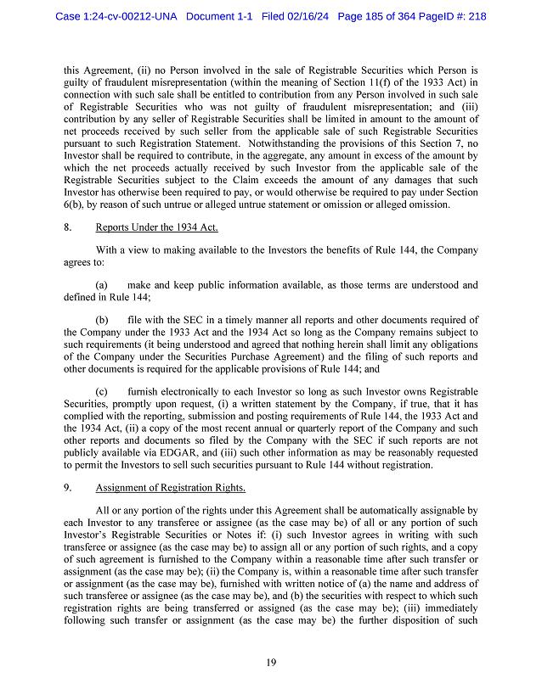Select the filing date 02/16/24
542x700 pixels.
click(312, 16)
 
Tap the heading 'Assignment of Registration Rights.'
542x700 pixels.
click(170, 488)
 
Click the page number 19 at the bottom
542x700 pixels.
click(270, 663)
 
